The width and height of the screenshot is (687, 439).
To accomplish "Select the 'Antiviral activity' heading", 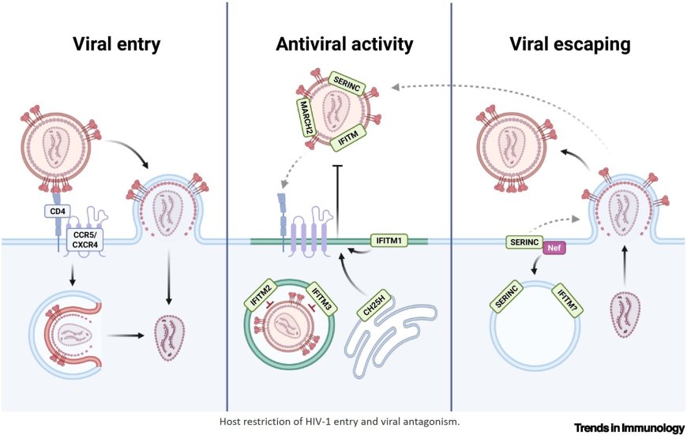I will tap(344, 45).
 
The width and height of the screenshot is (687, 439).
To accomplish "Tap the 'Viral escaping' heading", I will tap(570, 45).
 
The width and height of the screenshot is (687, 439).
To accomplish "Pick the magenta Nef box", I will tap(554, 246).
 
